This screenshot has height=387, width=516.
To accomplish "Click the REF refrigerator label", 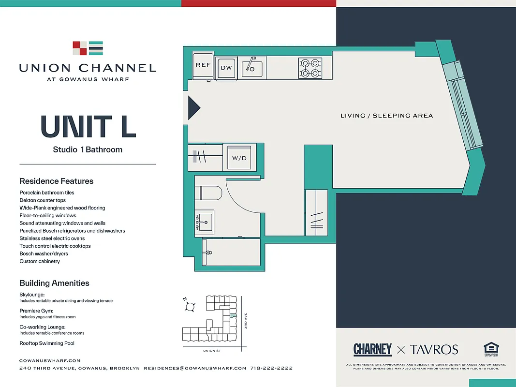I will tap(203, 65).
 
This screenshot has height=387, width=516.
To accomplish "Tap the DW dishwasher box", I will tap(226, 68).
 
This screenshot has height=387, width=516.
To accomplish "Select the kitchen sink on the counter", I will tap(252, 68).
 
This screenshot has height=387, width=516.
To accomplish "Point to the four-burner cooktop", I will tap(310, 68).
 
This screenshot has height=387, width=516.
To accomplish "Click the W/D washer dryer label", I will tap(239, 158).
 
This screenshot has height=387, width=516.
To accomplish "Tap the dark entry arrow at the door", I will tap(193, 107).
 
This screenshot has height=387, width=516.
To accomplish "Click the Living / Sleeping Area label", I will tap(386, 116).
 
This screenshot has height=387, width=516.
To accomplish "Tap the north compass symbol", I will tap(190, 306).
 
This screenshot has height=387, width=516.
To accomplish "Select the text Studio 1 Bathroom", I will tap(88, 149).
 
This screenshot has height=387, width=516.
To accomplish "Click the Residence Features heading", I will tap(57, 181).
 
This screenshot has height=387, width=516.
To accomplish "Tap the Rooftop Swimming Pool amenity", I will tap(47, 343).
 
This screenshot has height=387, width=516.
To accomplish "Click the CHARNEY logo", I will tap(372, 349).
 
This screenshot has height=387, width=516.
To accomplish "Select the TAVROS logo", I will tap(434, 349).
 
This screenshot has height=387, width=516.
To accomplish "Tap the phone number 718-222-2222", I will tap(271, 368).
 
